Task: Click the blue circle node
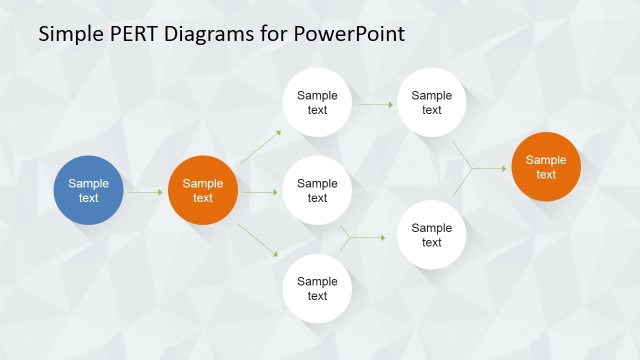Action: pyautogui.click(x=89, y=190)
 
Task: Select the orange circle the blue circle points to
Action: pyautogui.click(x=203, y=190)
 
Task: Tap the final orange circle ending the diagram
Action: pyautogui.click(x=546, y=167)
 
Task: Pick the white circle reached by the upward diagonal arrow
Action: pyautogui.click(x=317, y=103)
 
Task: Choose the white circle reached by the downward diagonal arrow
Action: pyautogui.click(x=317, y=289)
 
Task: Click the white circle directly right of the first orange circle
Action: pyautogui.click(x=317, y=190)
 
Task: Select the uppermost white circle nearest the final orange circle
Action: pyautogui.click(x=432, y=103)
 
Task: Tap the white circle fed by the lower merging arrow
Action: pyautogui.click(x=432, y=235)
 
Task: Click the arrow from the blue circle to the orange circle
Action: pyautogui.click(x=146, y=190)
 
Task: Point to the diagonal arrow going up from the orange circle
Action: pyautogui.click(x=260, y=147)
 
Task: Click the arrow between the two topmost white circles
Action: pyautogui.click(x=375, y=103)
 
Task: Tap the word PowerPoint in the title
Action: pyautogui.click(x=350, y=35)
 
